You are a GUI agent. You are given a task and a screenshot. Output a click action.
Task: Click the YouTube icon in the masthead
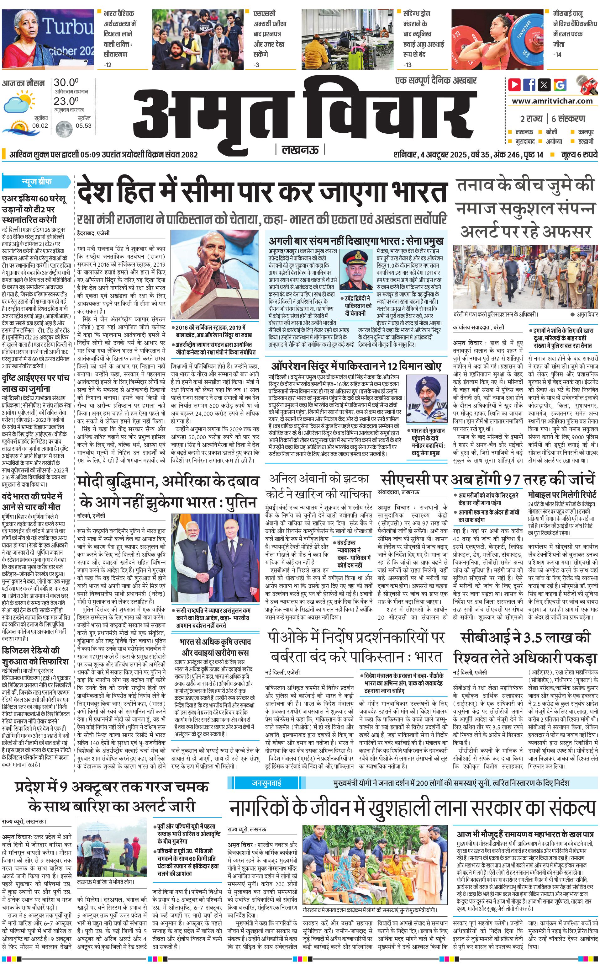[x=514, y=85]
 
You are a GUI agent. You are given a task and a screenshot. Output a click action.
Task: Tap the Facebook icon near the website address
[x=529, y=85]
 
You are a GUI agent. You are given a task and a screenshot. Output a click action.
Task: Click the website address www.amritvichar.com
[x=552, y=101]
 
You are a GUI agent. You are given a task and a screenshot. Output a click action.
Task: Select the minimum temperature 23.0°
[x=66, y=101]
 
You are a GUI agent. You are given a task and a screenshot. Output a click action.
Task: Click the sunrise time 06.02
[x=40, y=125]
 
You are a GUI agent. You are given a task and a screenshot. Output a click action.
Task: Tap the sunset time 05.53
[x=83, y=125]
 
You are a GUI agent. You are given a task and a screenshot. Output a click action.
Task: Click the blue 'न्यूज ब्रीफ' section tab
[x=36, y=182]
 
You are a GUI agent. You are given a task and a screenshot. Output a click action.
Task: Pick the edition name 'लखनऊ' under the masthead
[x=300, y=150]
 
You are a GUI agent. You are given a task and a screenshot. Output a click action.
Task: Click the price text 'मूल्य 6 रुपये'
[x=579, y=154]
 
